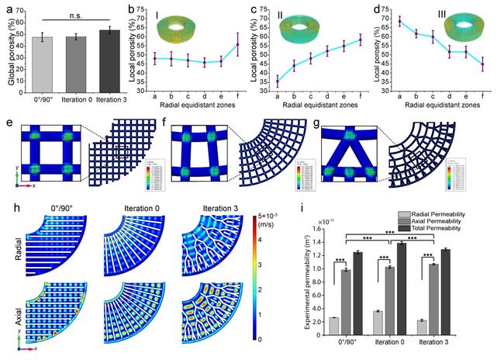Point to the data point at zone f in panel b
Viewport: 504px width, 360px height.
[x=238, y=45]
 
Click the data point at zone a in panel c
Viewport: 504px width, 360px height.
[x=278, y=81]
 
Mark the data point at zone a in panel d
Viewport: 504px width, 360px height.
[x=399, y=21]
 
